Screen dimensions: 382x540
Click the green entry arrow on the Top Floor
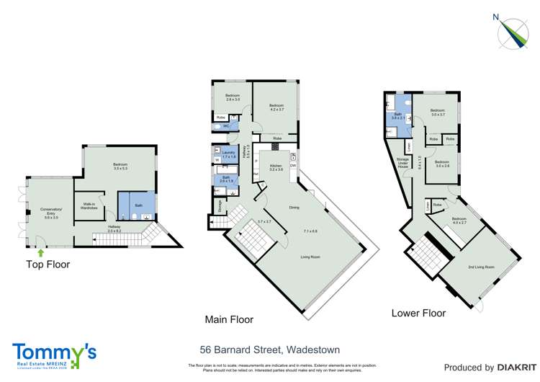(41, 253)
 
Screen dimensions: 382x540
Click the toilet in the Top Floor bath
(125, 216)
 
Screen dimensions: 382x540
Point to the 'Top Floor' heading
(48, 265)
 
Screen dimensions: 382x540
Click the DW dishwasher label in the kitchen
(293, 166)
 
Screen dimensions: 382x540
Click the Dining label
(294, 208)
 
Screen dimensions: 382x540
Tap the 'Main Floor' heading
(230, 319)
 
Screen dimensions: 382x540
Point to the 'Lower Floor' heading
(418, 314)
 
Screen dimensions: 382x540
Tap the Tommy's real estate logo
(54, 354)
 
